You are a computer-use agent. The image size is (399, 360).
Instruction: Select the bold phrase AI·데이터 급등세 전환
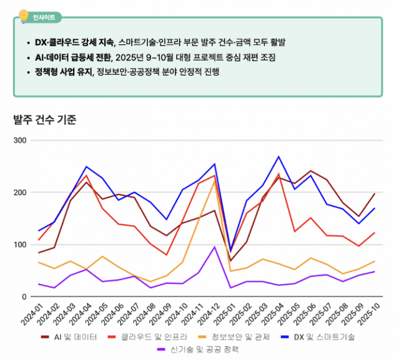[73, 57]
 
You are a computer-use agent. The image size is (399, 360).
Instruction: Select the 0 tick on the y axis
[23, 297]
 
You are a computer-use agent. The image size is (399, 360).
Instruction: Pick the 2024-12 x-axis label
[205, 316]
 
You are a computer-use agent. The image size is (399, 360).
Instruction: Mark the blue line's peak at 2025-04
[278, 157]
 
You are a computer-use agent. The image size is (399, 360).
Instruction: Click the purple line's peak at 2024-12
[214, 246]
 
